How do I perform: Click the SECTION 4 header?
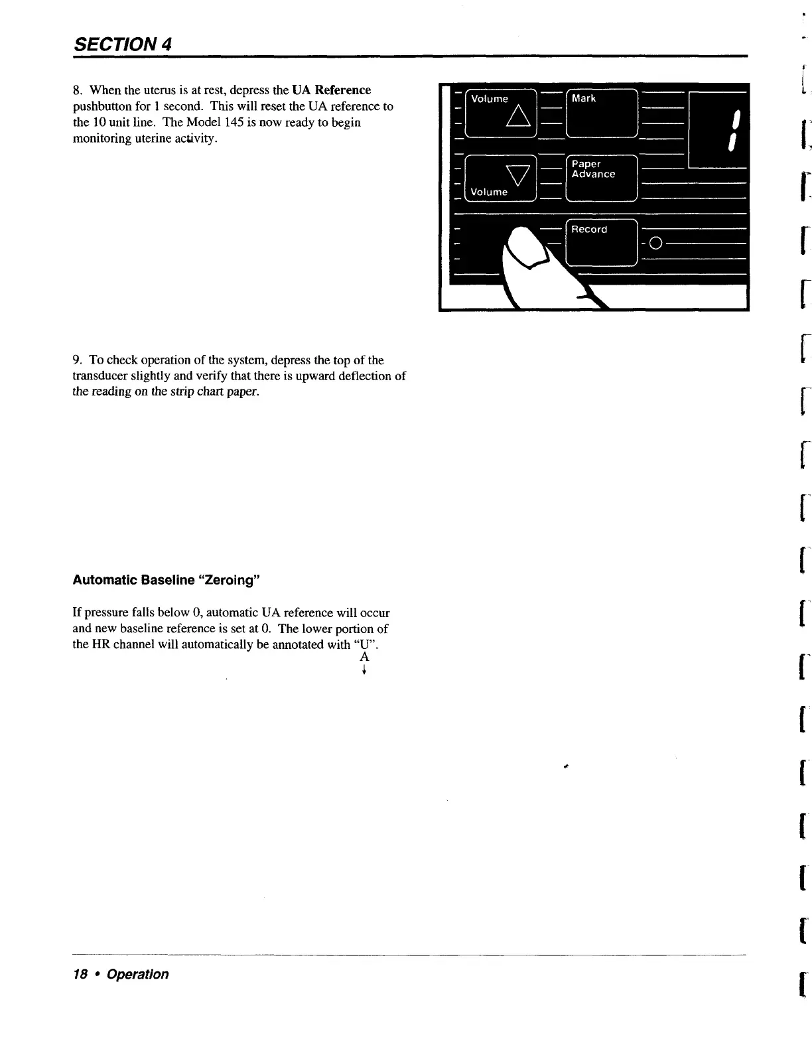click(x=123, y=44)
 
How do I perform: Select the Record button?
click(x=602, y=242)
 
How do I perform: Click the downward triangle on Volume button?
click(x=516, y=175)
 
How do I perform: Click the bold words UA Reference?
click(x=331, y=90)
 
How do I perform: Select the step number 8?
click(x=77, y=90)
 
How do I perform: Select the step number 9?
click(x=77, y=360)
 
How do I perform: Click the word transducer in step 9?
click(x=101, y=376)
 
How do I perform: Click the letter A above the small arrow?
click(x=364, y=657)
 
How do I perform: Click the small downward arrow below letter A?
click(x=364, y=669)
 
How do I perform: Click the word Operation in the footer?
click(x=137, y=974)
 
